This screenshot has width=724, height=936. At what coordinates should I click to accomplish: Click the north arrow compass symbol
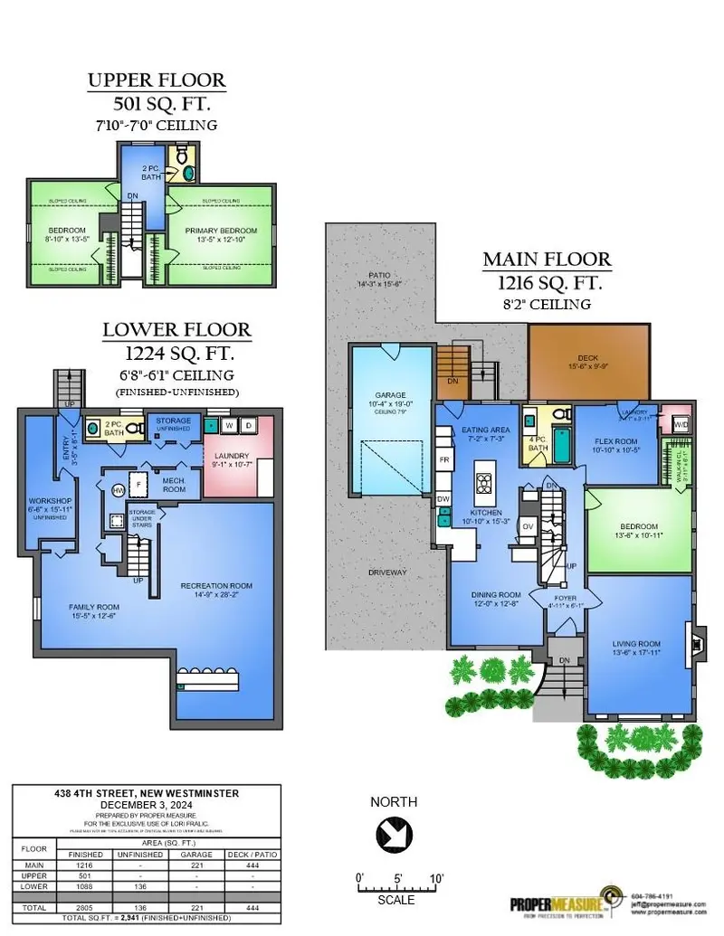394,830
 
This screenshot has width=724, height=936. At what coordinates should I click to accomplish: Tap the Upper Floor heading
156,80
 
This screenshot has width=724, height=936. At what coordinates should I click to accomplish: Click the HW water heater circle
117,489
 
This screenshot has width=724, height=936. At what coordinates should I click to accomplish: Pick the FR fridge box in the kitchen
443,459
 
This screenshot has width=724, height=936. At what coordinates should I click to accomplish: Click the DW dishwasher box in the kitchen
443,498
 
